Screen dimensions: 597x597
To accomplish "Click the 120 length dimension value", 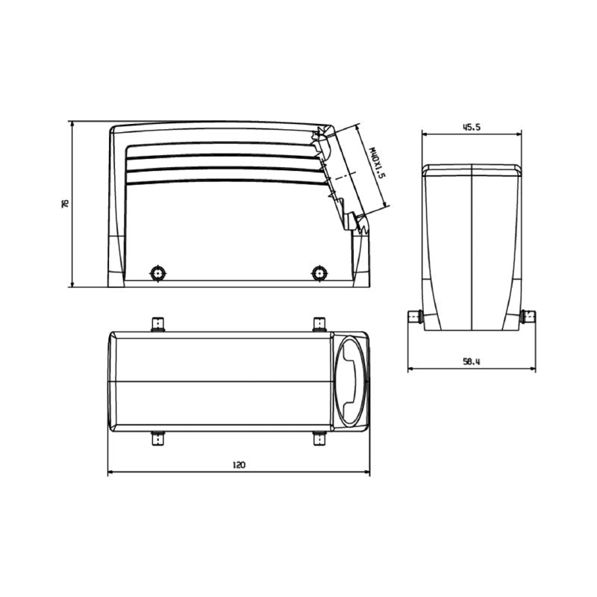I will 239,464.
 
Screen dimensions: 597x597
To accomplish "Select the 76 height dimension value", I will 65,203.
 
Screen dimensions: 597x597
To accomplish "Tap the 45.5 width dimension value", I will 471,127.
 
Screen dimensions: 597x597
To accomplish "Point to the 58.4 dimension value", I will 471,361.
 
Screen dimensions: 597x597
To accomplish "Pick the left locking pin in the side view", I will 157,272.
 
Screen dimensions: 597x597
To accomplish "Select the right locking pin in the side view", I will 319,272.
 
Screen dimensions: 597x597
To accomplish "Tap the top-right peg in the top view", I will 319,324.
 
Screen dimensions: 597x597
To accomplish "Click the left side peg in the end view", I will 414,317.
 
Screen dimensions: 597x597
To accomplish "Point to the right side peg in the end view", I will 529,317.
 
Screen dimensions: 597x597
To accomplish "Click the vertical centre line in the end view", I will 471,246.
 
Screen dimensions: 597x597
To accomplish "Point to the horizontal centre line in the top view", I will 224,381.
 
